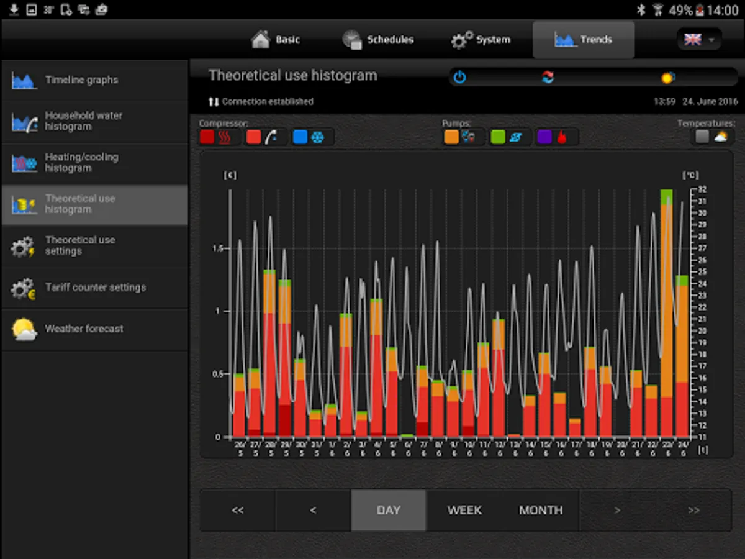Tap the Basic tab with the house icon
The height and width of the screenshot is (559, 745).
coord(276,40)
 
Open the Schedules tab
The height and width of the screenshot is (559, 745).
coord(378,40)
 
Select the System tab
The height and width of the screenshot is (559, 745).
coord(481,40)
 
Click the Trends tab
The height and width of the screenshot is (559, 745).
coord(584,40)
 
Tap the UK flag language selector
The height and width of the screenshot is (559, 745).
coord(698,40)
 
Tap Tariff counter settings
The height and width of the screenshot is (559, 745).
coord(94,288)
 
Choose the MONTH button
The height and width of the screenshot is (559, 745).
coord(541,510)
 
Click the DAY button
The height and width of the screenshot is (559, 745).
coord(389,510)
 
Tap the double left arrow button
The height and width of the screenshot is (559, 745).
coord(238,510)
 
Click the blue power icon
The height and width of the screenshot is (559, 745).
coord(459,78)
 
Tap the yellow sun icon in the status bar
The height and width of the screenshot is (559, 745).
coord(667,78)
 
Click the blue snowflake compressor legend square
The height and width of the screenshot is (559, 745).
coord(300,137)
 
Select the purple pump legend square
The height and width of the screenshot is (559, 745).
coord(544,137)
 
